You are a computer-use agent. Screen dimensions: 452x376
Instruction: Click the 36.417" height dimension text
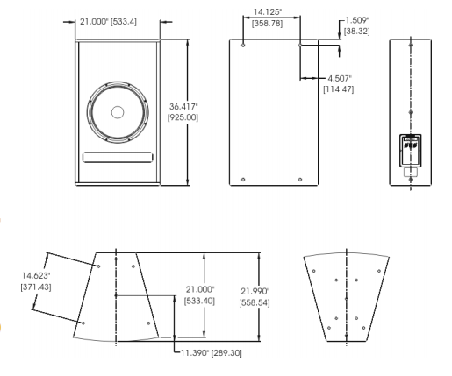tap(183, 107)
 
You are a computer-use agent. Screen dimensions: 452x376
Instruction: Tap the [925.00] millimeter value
tap(183, 117)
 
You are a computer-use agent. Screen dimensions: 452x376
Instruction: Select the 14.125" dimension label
tap(268, 12)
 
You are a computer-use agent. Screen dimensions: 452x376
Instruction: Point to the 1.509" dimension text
tap(357, 20)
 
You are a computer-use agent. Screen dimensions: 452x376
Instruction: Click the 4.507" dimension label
tap(340, 78)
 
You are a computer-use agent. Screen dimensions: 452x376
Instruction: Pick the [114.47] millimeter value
tap(339, 89)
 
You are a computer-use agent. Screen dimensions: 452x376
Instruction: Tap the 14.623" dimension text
tap(36, 275)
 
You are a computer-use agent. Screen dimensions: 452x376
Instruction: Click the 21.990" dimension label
tap(255, 291)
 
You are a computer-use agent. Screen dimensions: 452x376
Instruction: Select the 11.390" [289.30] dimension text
tap(212, 353)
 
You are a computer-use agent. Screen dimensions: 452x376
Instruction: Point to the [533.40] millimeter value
tap(199, 301)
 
